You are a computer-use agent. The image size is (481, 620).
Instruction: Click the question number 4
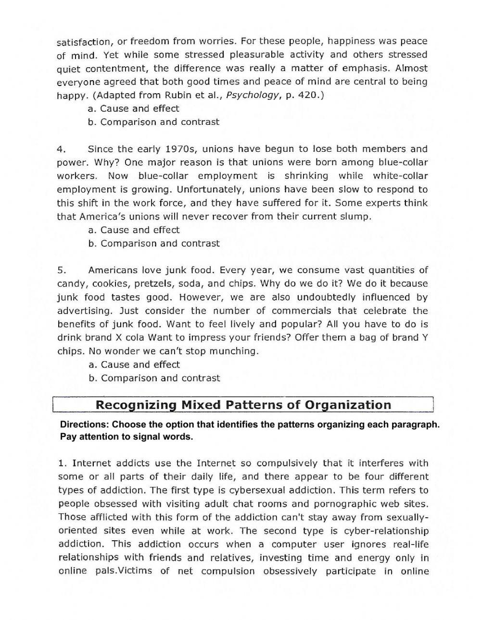(x=61, y=149)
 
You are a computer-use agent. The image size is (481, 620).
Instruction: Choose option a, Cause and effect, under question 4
(x=134, y=230)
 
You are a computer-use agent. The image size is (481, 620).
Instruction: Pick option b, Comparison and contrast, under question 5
(x=154, y=378)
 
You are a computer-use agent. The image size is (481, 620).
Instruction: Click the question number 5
(x=61, y=270)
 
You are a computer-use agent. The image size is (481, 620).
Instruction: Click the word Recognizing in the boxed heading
(x=136, y=405)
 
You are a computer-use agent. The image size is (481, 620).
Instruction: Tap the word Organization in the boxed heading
(x=348, y=405)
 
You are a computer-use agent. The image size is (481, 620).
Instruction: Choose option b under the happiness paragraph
(x=154, y=122)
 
